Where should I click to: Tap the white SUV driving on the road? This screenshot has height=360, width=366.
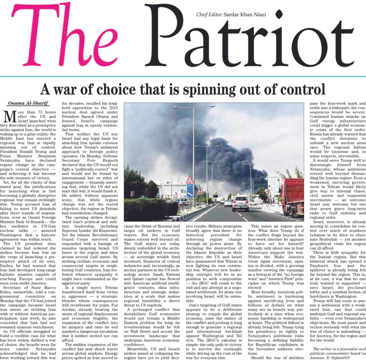[x=240, y=204]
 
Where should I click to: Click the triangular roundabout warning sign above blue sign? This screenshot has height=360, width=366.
[x=190, y=180]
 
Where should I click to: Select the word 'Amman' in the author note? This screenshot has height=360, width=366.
[x=319, y=357]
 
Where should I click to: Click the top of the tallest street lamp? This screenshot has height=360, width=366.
[x=193, y=107]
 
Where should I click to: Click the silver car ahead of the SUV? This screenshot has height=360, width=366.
[x=228, y=203]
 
